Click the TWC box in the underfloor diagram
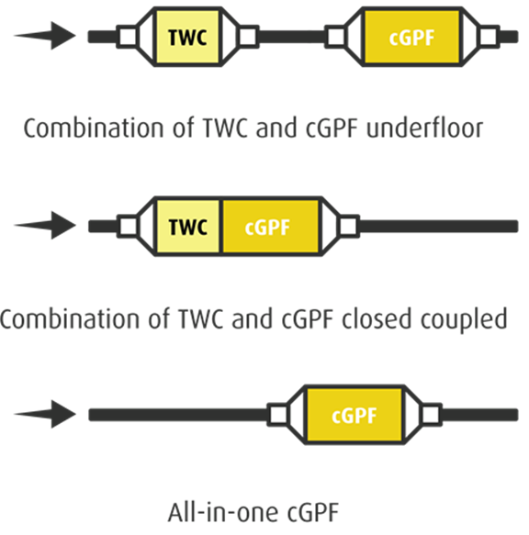point(187,37)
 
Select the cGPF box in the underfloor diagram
point(411,37)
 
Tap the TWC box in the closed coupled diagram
point(187,227)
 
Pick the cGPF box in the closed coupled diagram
point(271,227)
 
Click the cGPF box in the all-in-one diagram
point(355,415)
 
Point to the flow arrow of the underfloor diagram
point(45,36)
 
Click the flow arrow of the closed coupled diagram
point(45,225)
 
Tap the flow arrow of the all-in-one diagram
point(45,414)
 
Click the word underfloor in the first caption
point(425,128)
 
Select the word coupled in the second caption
point(464,319)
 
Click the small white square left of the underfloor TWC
point(128,37)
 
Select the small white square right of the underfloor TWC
point(248,37)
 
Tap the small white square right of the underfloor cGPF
point(489,37)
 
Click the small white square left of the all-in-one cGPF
point(278,415)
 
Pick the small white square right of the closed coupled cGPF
point(349,227)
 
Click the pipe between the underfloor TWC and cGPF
point(292,37)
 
